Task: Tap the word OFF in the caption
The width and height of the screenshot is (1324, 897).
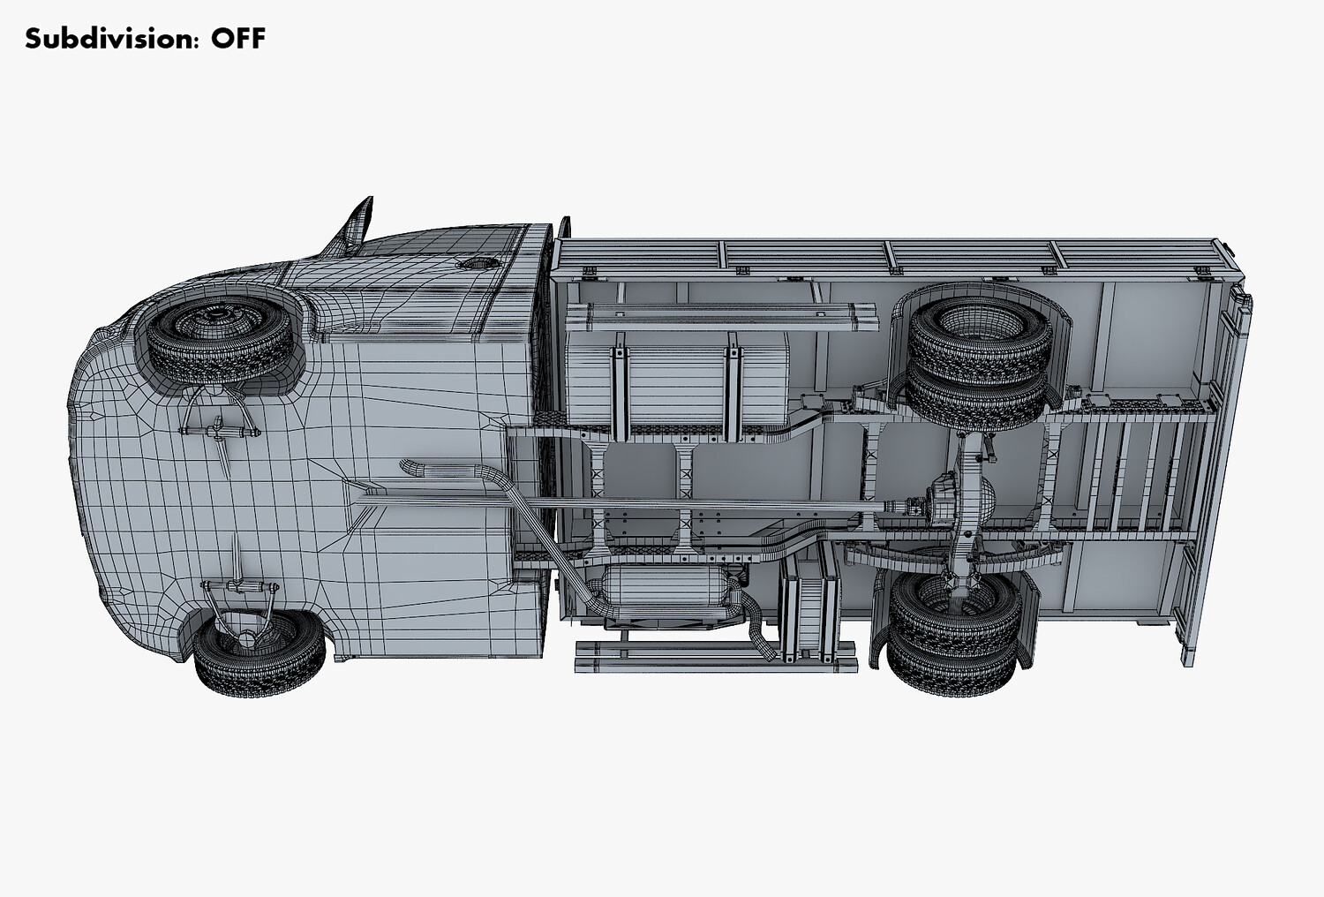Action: [238, 39]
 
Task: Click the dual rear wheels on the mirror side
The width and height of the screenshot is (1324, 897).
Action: [980, 362]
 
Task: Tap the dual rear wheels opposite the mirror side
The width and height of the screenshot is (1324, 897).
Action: [954, 632]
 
